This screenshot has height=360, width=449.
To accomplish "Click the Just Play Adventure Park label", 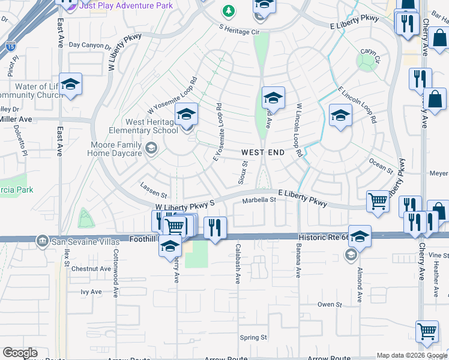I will tap(126, 6).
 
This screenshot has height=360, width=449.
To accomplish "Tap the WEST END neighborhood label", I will tap(263, 152).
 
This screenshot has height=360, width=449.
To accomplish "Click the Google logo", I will tap(20, 353).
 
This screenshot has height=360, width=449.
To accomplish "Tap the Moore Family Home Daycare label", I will tap(115, 148).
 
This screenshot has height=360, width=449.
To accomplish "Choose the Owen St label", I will tap(330, 304).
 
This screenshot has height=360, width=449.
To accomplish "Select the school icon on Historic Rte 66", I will tap(360, 236).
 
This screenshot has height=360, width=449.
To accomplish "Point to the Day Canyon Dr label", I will tap(90, 45).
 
